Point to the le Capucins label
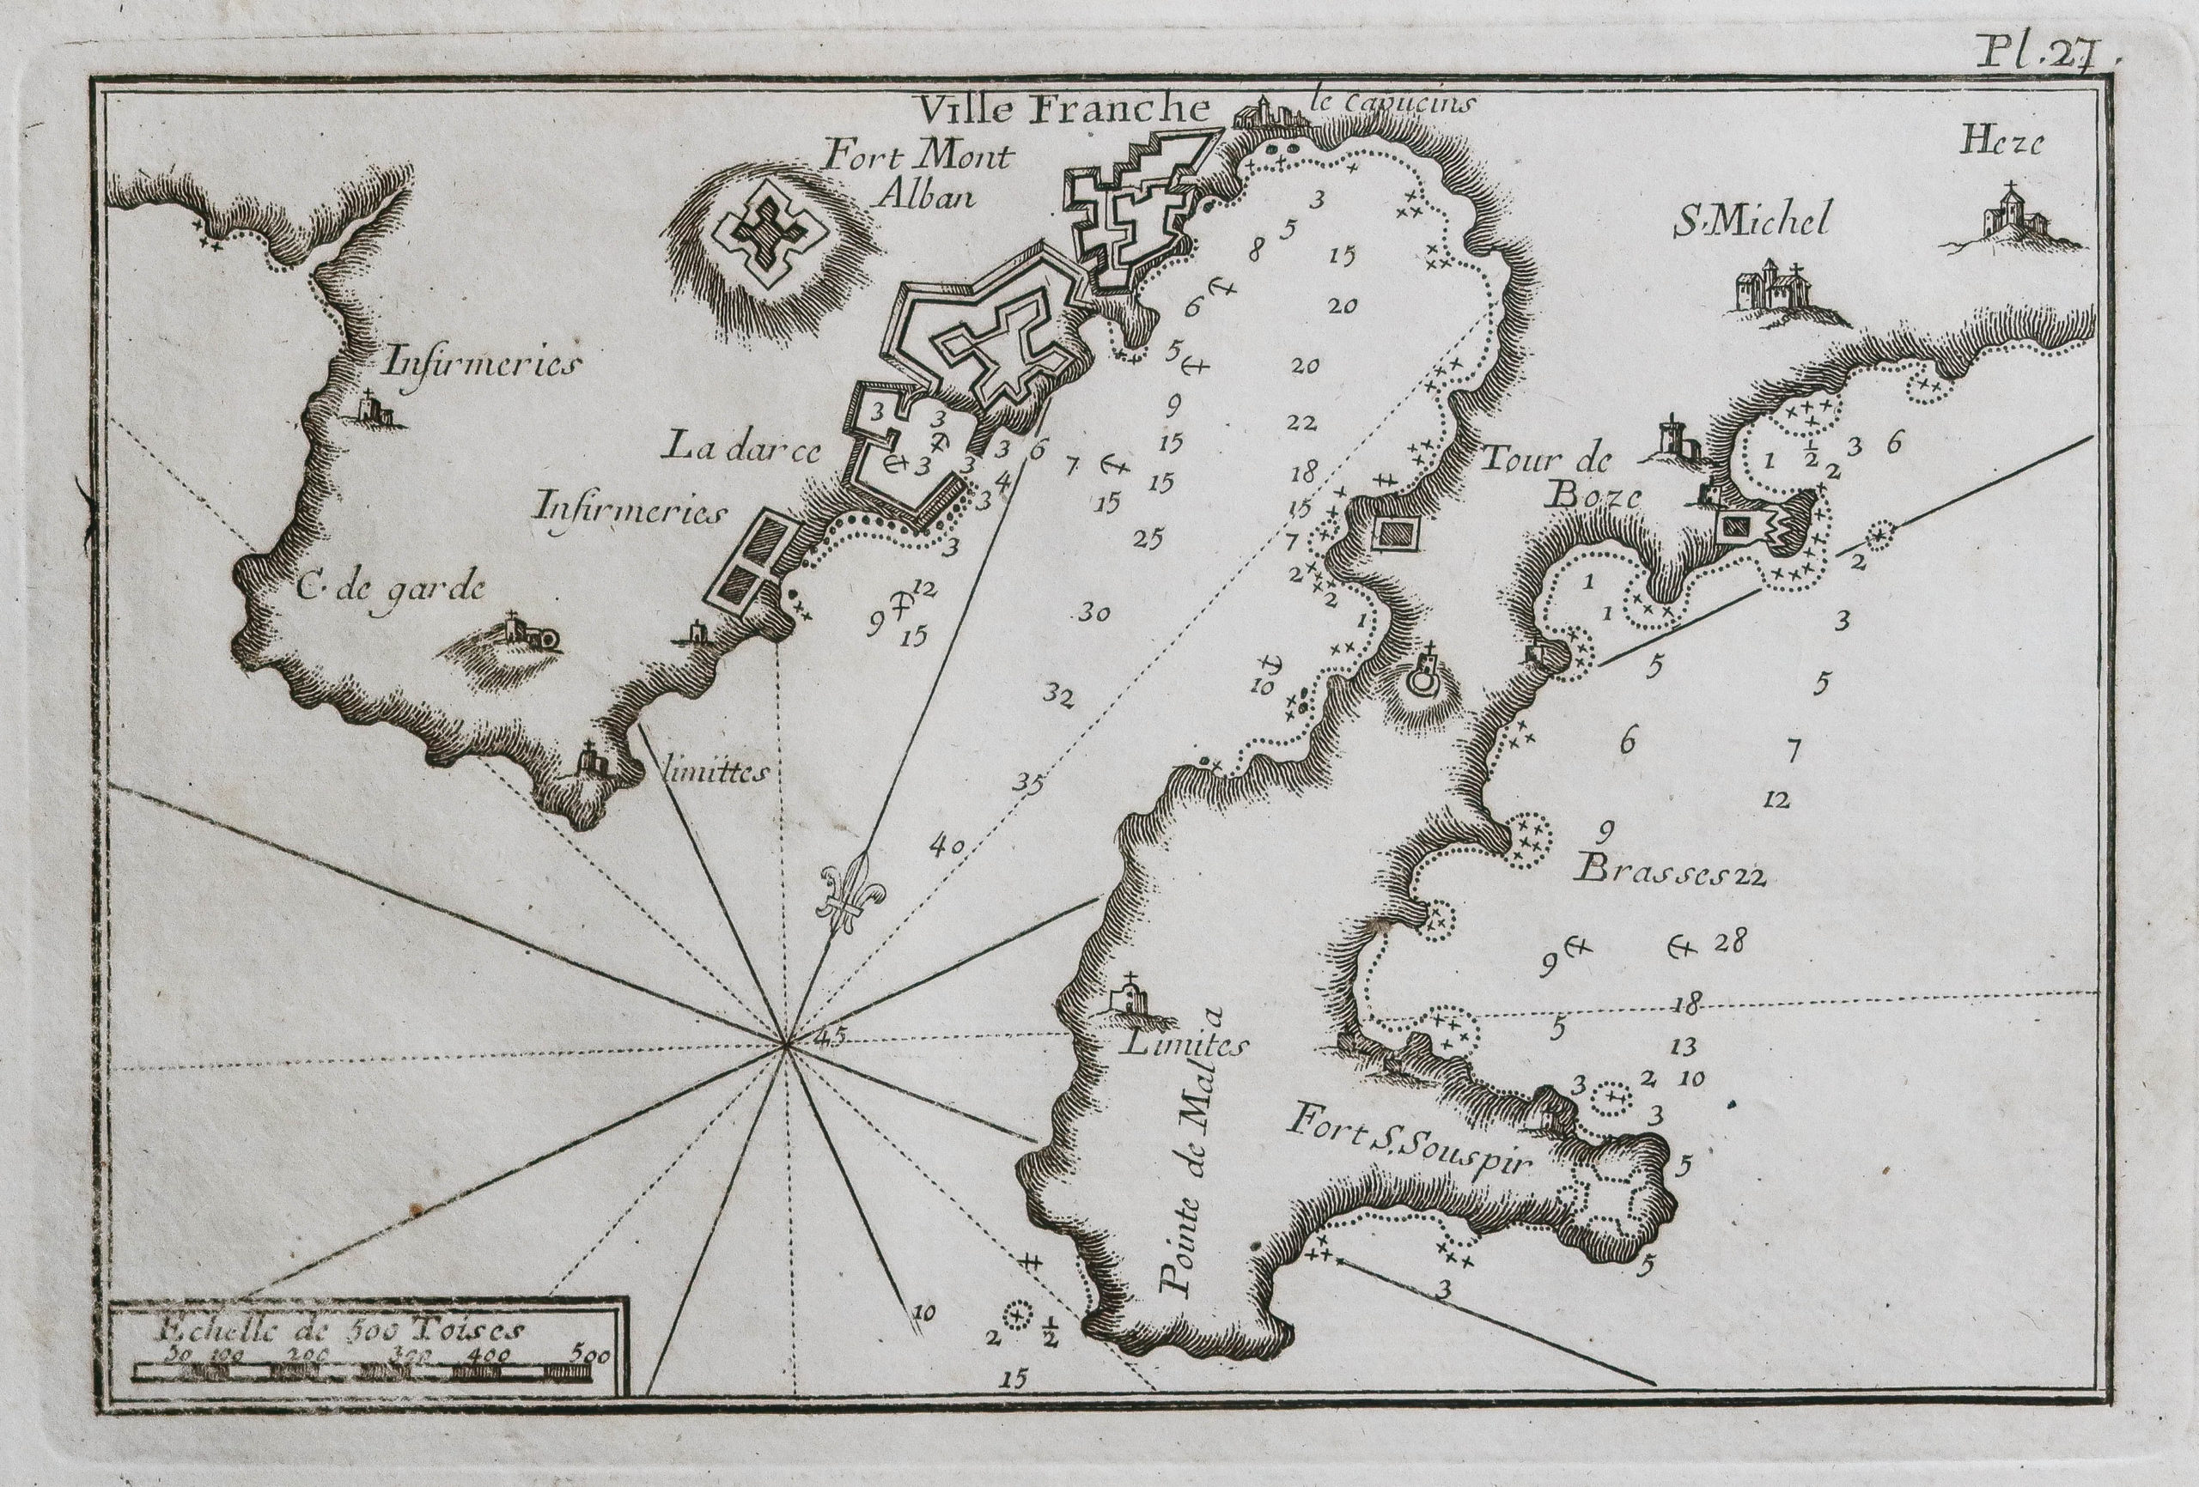[1389, 104]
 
